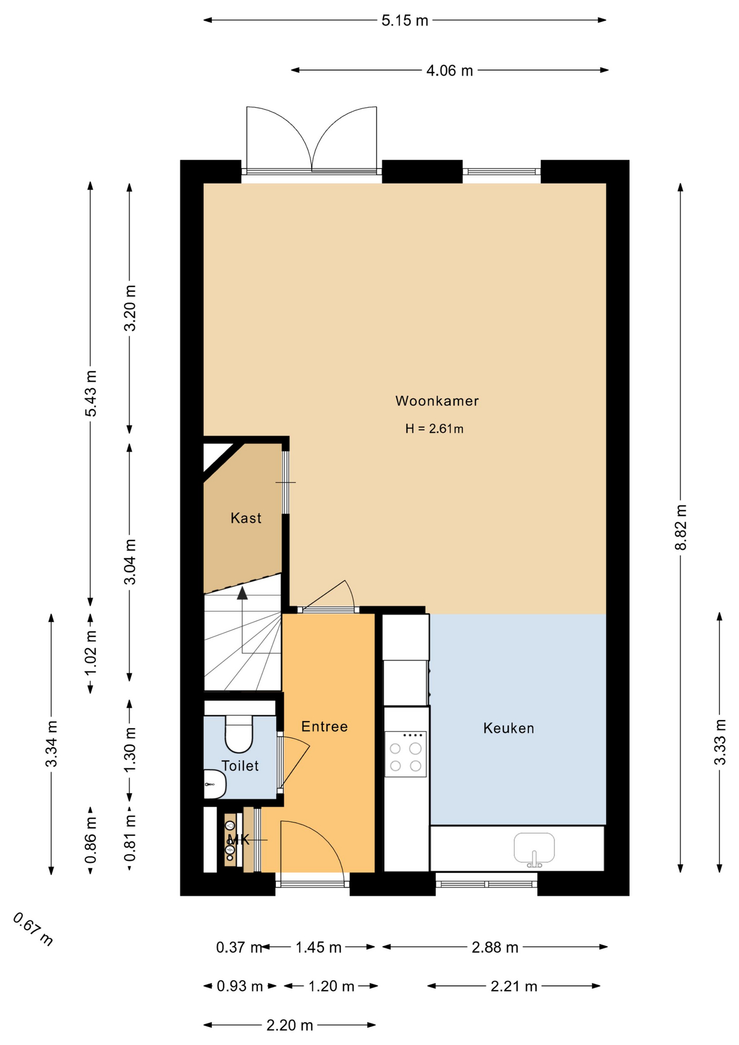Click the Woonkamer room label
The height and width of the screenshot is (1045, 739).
[x=437, y=401]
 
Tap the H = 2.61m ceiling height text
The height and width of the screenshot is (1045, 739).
[x=434, y=429]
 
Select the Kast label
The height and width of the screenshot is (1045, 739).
[x=246, y=518]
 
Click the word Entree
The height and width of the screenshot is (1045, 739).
[x=324, y=727]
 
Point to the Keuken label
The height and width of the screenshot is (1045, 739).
[x=509, y=728]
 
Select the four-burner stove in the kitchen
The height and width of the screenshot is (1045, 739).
[x=405, y=754]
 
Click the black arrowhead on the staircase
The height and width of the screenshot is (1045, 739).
[x=242, y=593]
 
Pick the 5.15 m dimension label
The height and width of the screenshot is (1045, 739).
[x=405, y=21]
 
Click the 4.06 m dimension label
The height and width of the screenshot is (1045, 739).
[x=449, y=71]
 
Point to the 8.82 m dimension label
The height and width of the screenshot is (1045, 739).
[x=681, y=527]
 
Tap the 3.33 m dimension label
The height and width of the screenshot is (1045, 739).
[x=720, y=742]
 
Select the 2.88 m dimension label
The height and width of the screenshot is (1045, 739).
[x=495, y=948]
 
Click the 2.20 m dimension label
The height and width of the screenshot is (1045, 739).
[x=290, y=1025]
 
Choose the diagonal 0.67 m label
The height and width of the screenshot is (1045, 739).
[x=33, y=929]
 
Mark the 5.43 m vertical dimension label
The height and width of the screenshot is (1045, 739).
[x=91, y=394]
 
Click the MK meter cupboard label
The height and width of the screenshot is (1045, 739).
[x=238, y=839]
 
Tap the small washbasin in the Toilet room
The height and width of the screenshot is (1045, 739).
[x=214, y=784]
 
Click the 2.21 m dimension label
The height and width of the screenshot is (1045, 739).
[x=514, y=986]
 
